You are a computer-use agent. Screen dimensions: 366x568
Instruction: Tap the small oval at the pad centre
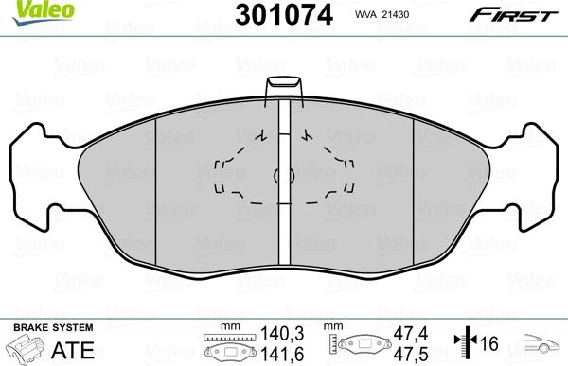(x=277, y=175)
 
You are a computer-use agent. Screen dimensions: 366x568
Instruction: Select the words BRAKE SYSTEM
(x=39, y=326)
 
